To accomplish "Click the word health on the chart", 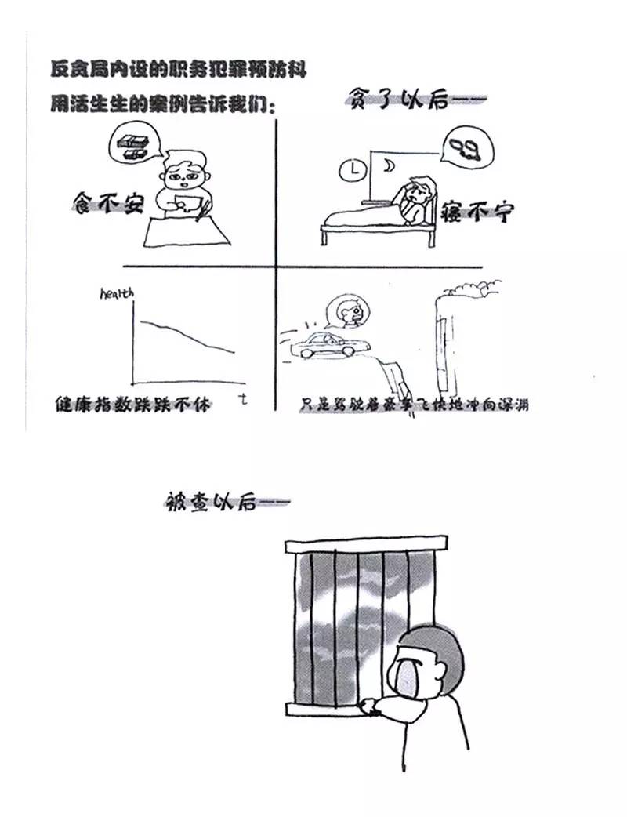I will [117, 293].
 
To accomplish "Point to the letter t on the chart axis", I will [244, 398].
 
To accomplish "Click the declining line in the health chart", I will [185, 332].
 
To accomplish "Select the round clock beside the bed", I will [356, 169].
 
